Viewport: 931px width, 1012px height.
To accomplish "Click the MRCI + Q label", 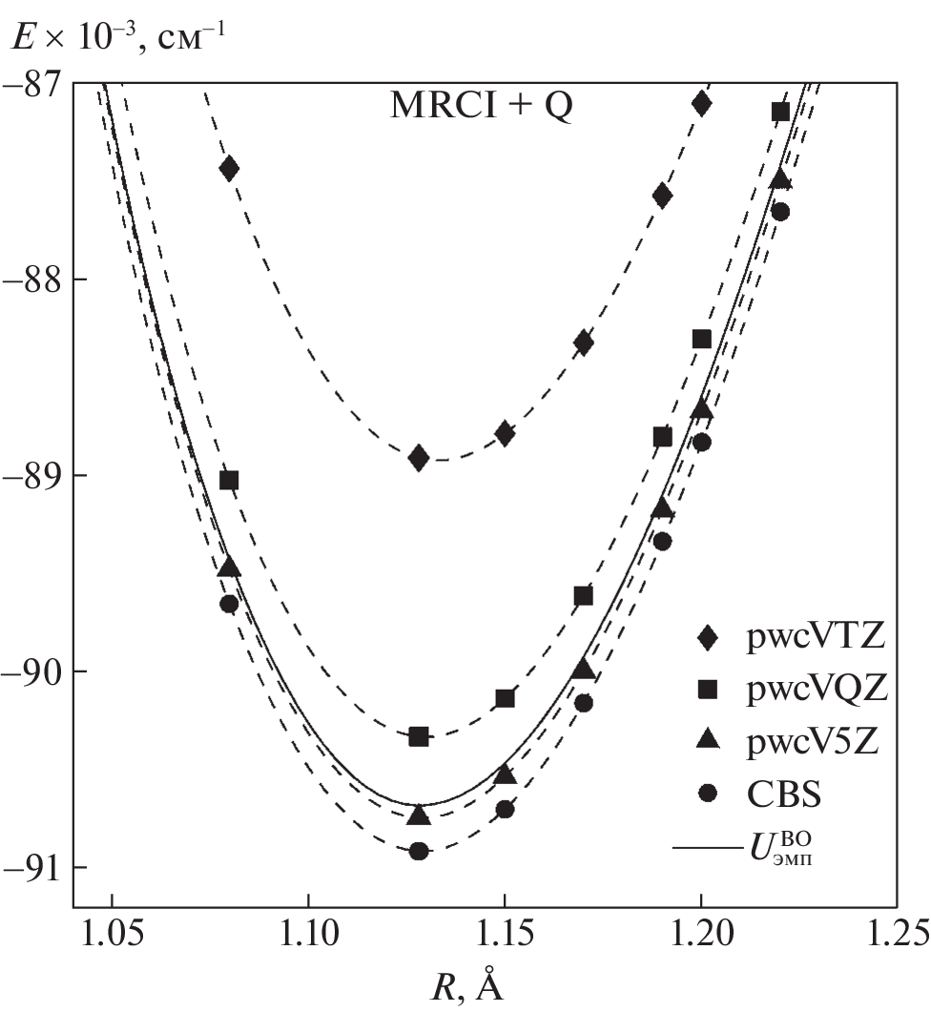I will tap(482, 107).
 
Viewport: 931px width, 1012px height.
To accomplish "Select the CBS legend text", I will tap(785, 794).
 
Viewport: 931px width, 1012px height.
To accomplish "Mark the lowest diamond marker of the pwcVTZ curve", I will tap(419, 458).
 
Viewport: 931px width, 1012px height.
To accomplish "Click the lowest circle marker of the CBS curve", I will tap(419, 851).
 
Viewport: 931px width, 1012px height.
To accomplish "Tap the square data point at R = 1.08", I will tap(229, 480).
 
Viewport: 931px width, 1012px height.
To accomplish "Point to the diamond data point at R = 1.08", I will tap(229, 168).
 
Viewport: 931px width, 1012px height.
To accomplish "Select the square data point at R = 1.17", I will tap(584, 596).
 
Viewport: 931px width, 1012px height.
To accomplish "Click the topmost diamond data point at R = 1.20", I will tap(702, 104).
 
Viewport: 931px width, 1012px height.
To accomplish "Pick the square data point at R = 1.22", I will tap(780, 112).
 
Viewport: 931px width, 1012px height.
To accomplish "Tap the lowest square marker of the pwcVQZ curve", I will tap(419, 736).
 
